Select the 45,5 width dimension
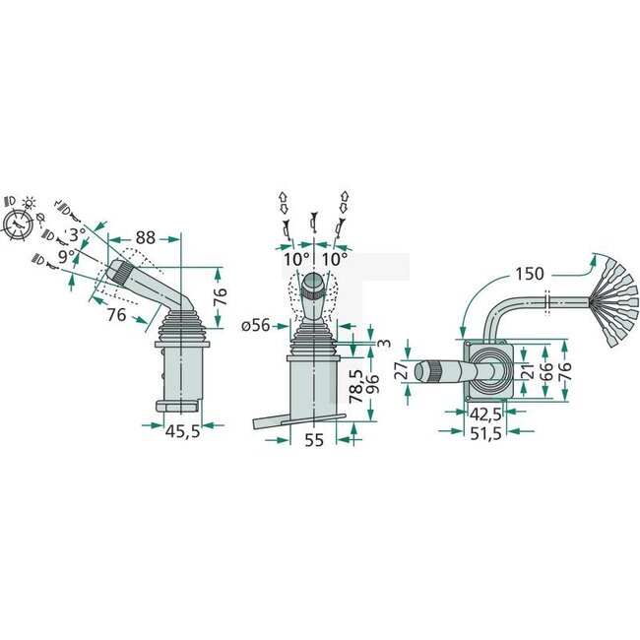click(x=182, y=431)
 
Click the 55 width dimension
click(x=313, y=441)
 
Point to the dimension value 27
click(x=399, y=372)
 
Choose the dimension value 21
click(x=528, y=370)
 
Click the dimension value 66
click(x=544, y=370)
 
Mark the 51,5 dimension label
click(x=484, y=432)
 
